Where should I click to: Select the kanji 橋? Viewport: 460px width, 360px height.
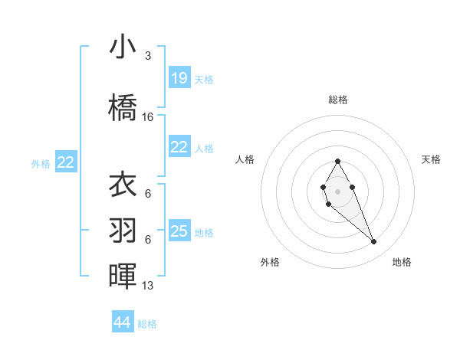click(x=123, y=107)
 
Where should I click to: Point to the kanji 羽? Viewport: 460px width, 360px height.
click(x=123, y=231)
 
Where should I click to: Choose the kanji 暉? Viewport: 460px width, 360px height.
click(x=123, y=276)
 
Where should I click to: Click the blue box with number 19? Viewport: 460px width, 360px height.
click(x=179, y=78)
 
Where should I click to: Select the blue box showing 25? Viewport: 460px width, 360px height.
click(x=179, y=231)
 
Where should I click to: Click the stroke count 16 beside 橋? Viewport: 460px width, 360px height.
click(x=148, y=117)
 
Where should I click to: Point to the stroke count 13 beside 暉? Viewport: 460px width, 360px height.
click(x=148, y=286)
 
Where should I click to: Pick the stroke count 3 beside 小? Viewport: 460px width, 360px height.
click(x=148, y=56)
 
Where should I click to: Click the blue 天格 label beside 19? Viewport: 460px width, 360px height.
click(x=204, y=79)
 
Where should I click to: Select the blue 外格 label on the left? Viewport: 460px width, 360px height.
click(x=41, y=163)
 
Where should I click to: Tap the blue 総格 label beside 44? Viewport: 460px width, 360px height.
click(x=147, y=324)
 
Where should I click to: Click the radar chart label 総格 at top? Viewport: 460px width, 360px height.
click(x=338, y=100)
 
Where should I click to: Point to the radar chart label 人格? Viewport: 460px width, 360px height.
click(x=245, y=159)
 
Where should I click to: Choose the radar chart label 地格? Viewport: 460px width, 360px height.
click(x=402, y=262)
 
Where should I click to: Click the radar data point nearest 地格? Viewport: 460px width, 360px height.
click(x=374, y=242)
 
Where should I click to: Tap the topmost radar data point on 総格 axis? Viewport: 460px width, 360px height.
click(x=337, y=161)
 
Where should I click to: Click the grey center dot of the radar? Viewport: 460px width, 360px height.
click(x=337, y=190)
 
